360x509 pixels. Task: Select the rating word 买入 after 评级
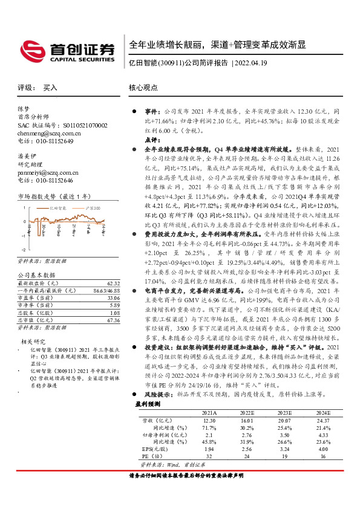(50, 88)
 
